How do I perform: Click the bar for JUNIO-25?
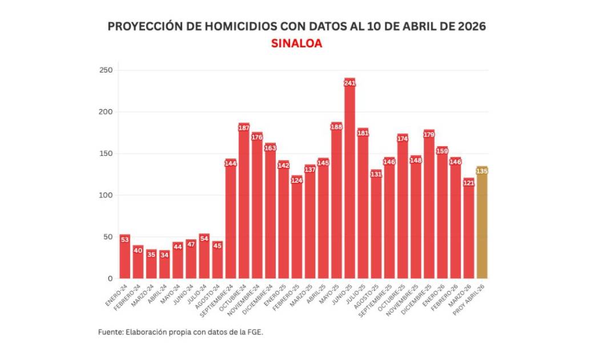coord(349,183)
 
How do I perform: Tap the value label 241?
coord(349,83)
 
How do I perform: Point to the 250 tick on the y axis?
coord(106,70)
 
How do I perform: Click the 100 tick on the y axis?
coord(106,195)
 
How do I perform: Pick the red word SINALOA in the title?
coord(296,43)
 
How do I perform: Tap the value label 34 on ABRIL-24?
coord(164,255)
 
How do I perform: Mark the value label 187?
coord(244,128)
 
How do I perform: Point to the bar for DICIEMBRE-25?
coord(429,206)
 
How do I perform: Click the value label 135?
coord(482,171)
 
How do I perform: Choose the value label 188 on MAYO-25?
coord(336,127)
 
